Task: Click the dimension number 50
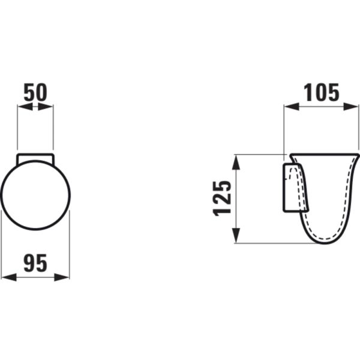point(35,92)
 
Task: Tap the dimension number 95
point(35,263)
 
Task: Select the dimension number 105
point(322,92)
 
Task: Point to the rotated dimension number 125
point(222,199)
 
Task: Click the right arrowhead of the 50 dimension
point(46,107)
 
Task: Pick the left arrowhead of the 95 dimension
point(9,277)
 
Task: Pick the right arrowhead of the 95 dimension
point(62,277)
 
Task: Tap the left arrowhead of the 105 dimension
point(292,107)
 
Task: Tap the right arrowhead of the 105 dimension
point(350,107)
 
